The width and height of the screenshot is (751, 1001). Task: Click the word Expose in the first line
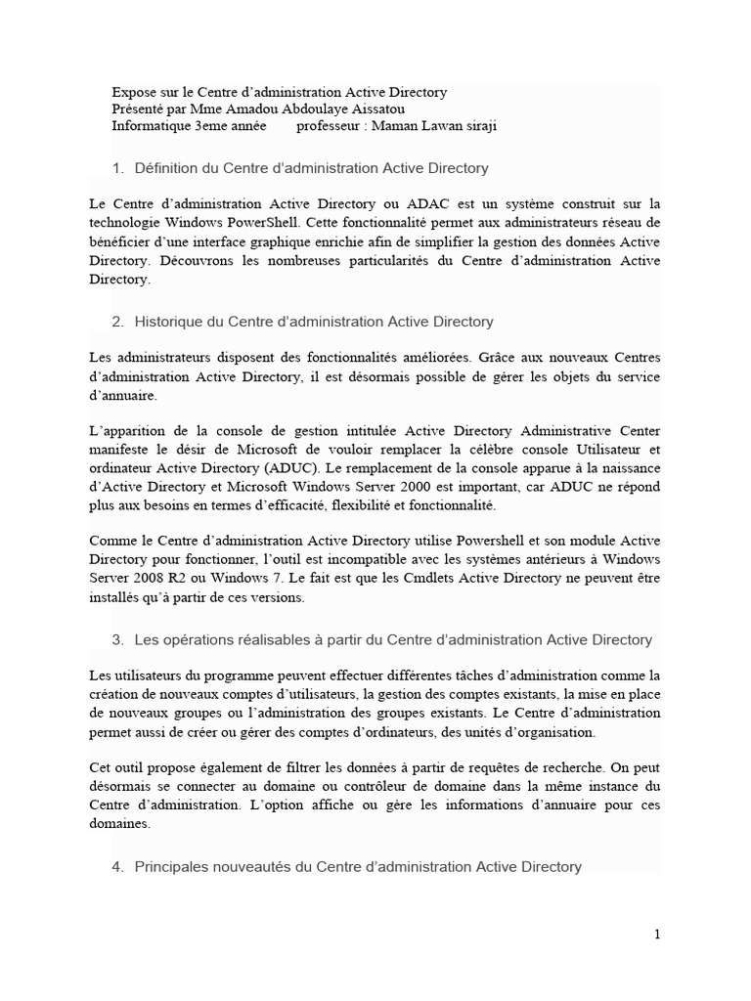point(133,92)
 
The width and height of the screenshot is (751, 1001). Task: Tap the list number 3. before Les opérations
point(117,639)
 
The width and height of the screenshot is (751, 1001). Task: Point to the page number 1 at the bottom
point(657,935)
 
